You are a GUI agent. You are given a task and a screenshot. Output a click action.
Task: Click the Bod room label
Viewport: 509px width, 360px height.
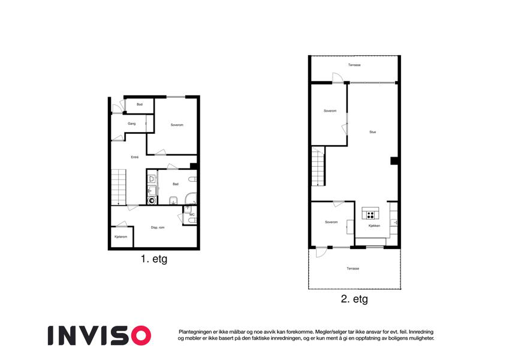[x=140, y=104]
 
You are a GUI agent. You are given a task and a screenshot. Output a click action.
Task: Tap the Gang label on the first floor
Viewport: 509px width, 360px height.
[x=131, y=124]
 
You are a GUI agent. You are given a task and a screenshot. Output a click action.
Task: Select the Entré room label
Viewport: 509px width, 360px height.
[x=135, y=157]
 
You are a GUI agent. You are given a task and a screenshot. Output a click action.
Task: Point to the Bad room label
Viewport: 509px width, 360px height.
[x=176, y=184]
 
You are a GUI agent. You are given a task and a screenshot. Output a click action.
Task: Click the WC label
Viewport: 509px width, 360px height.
[x=192, y=215]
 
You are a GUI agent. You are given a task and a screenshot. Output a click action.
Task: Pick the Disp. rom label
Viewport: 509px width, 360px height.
[x=158, y=227]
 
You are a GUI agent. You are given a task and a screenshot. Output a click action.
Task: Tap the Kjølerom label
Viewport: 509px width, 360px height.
[x=121, y=237]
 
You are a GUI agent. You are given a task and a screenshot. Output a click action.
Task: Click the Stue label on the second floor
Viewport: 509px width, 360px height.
[x=373, y=132]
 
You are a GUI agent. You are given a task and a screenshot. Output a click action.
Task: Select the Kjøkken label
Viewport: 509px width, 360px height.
[x=374, y=226]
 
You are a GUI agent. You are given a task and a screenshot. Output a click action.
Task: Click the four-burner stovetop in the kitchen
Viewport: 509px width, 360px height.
[x=371, y=215]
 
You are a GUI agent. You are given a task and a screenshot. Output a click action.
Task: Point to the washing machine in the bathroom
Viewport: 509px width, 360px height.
[x=152, y=200]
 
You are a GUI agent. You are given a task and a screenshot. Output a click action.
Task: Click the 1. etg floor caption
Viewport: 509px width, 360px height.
[x=154, y=259]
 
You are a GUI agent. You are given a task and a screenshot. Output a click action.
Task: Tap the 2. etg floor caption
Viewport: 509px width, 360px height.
[x=354, y=299]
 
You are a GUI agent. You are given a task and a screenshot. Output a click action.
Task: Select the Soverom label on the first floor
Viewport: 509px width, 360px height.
[x=177, y=125]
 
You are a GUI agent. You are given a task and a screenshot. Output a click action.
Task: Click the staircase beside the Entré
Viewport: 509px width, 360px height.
[x=119, y=187]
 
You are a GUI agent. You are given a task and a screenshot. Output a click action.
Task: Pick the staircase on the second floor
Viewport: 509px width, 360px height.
[x=318, y=166]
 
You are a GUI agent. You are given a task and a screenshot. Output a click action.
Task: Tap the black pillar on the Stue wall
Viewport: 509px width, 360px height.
[x=394, y=161]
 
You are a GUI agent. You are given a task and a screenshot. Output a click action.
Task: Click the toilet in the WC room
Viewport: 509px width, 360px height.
[x=192, y=221]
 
